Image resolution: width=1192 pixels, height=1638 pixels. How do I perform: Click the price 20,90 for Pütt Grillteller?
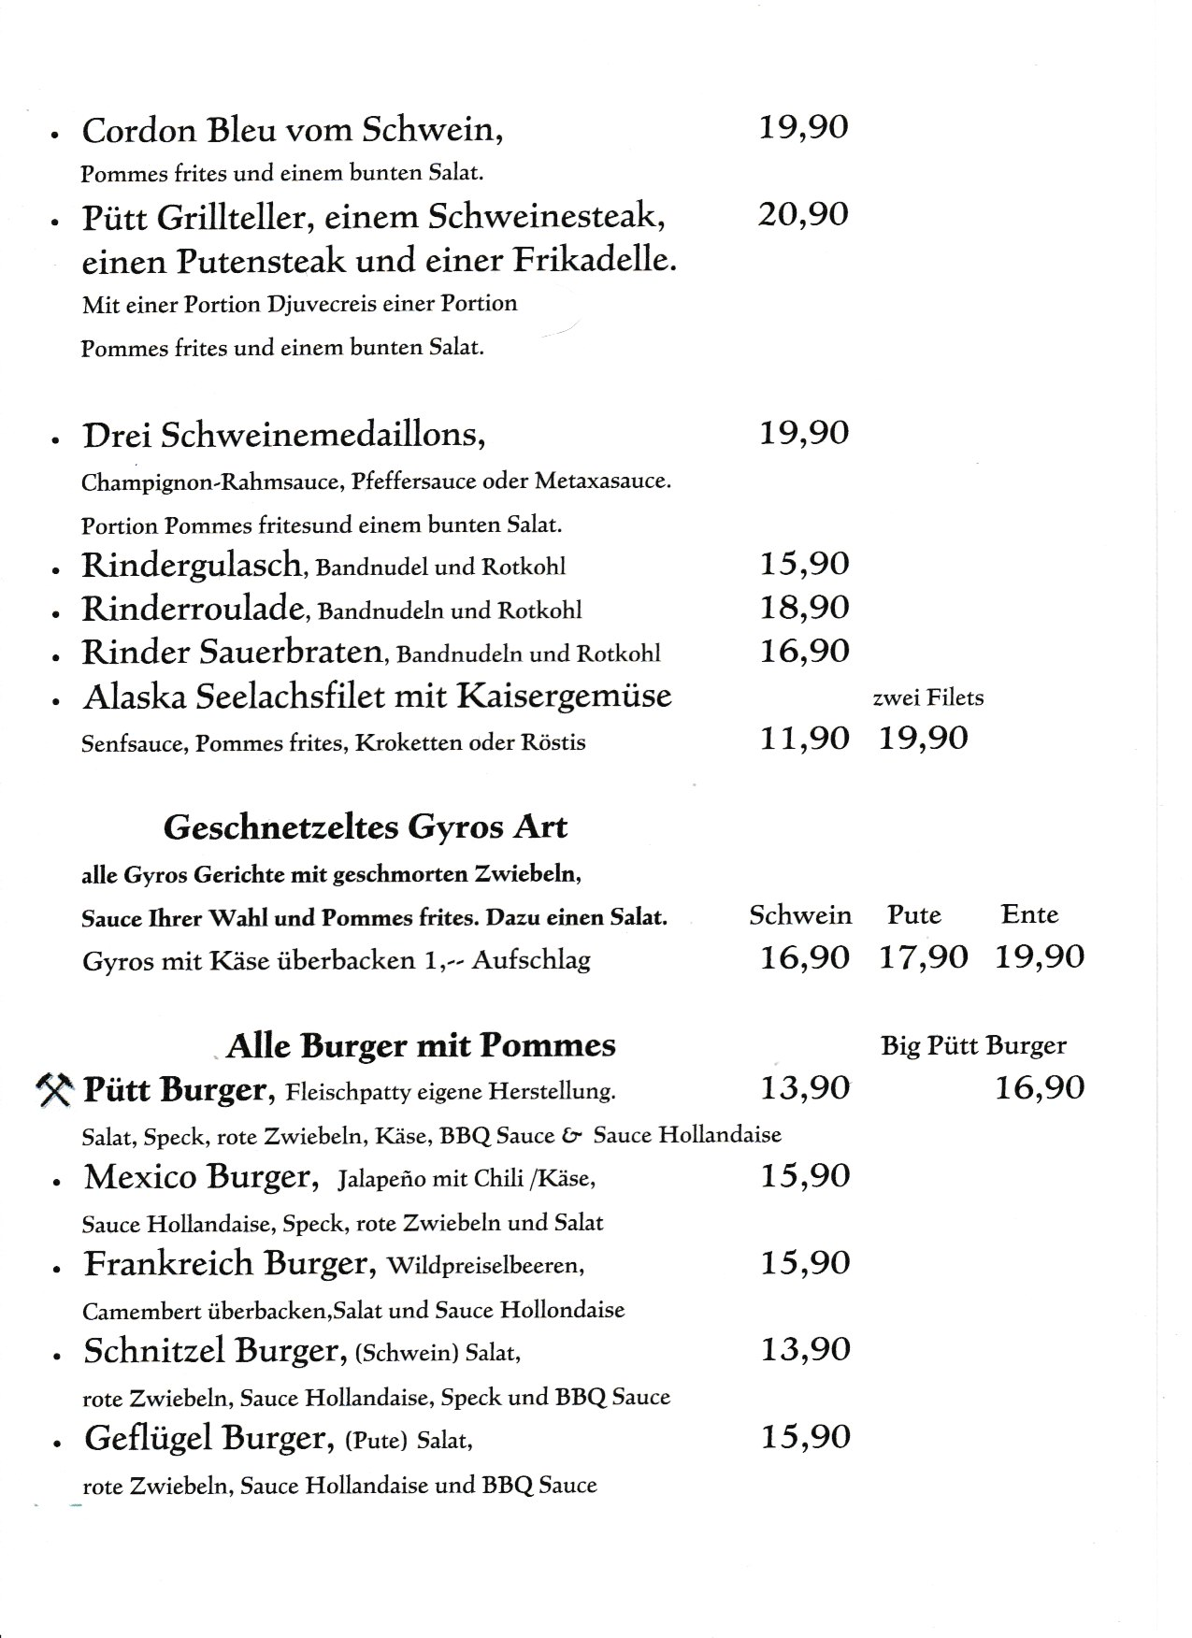[x=803, y=214]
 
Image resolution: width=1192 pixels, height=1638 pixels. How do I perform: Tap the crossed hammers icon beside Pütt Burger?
[x=54, y=1090]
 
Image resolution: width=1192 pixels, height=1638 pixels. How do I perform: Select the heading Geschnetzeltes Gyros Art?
[x=366, y=827]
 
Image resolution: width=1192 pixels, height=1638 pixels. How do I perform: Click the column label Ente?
[x=1029, y=914]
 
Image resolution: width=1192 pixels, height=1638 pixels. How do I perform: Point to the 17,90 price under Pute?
[x=924, y=957]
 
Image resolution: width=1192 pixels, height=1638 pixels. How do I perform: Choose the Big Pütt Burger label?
[x=973, y=1046]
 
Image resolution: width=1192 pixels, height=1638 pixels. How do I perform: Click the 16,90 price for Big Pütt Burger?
[x=1040, y=1088]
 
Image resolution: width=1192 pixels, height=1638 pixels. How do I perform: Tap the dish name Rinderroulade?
[x=194, y=609]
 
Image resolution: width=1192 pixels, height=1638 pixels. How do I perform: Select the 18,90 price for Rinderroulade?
[x=804, y=608]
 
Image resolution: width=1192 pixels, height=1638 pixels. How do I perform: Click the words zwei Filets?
[x=927, y=697]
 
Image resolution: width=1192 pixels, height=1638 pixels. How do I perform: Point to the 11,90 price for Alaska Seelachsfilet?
[x=804, y=739]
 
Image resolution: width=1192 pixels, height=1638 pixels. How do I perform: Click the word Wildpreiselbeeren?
[x=485, y=1266]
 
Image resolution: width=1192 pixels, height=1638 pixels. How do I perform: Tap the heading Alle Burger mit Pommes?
[x=421, y=1045]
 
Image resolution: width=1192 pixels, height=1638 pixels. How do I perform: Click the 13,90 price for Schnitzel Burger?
[x=805, y=1350]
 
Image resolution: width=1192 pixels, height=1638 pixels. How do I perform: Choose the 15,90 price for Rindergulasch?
[x=804, y=564]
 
